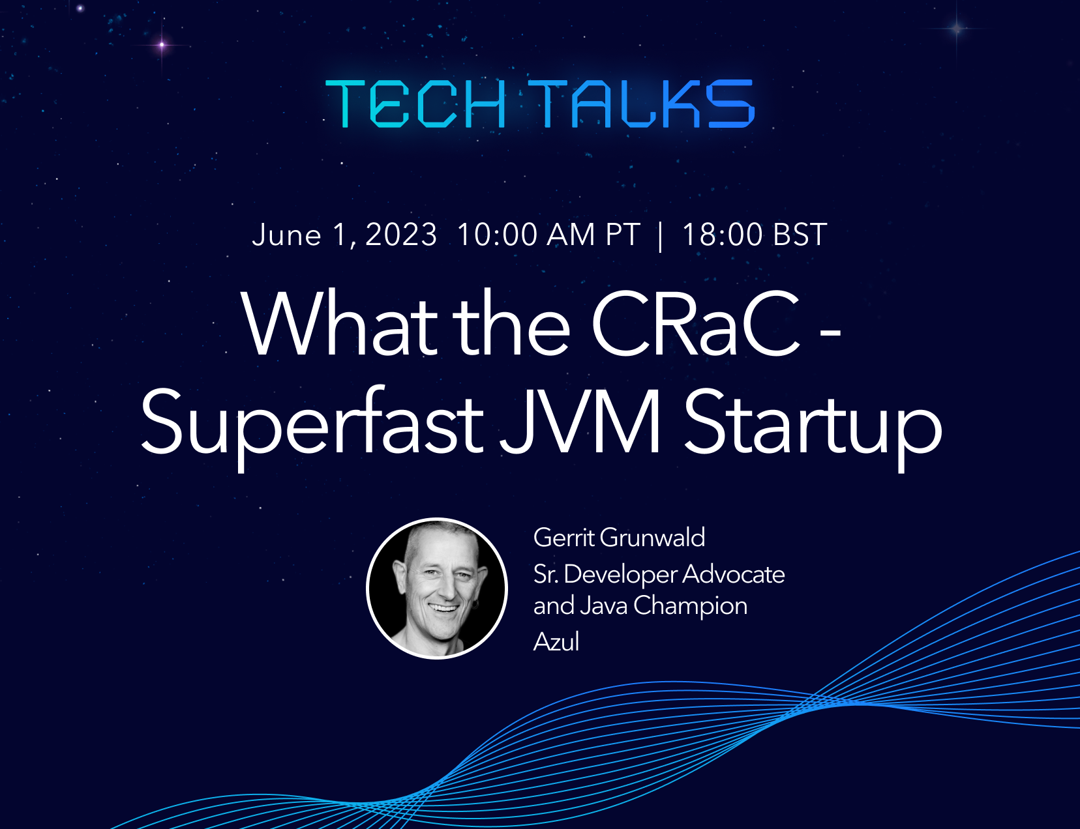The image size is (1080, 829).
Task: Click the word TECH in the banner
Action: [415, 104]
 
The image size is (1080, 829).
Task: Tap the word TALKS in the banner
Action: [642, 104]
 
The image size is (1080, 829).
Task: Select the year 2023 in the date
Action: [401, 235]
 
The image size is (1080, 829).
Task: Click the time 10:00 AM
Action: [526, 235]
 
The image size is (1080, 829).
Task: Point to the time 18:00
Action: [723, 235]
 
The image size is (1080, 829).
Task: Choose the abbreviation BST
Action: [800, 235]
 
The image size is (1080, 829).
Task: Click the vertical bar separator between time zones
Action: [660, 237]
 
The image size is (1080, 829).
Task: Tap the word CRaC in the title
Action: [695, 323]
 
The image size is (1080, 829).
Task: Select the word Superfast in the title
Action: [312, 422]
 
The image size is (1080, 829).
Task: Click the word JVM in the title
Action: [580, 422]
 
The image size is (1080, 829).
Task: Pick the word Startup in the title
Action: [813, 425]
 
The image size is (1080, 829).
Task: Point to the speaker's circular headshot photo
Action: [437, 589]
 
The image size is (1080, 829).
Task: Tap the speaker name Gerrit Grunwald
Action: [620, 538]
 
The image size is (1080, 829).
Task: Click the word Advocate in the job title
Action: [734, 574]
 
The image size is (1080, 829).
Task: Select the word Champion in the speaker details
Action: [691, 607]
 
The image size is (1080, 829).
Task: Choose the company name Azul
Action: [556, 641]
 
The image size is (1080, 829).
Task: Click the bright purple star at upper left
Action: [162, 45]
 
